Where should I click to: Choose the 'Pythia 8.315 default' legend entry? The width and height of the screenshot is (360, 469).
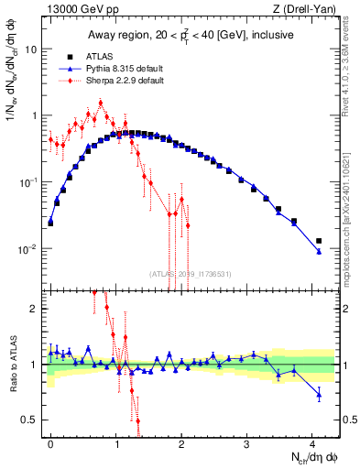point(136,69)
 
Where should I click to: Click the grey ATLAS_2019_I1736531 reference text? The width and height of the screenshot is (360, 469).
point(189,274)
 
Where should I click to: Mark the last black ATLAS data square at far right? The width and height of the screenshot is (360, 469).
point(319,241)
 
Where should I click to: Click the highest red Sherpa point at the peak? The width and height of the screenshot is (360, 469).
point(100,103)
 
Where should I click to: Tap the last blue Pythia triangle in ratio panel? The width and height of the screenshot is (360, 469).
point(319,396)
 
